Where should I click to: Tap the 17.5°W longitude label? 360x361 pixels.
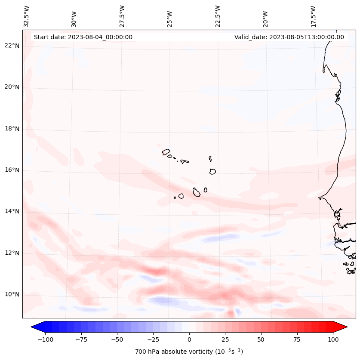(x=314, y=16)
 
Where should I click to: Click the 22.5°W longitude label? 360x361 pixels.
(x=218, y=16)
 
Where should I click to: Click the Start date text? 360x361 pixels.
(x=83, y=37)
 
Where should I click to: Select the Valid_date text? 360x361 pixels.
(x=289, y=37)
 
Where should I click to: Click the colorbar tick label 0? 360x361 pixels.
(x=189, y=339)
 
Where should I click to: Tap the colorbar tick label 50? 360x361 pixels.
(x=261, y=339)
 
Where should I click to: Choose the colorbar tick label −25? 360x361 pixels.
(x=152, y=339)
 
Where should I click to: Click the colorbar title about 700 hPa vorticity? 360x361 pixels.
(x=189, y=352)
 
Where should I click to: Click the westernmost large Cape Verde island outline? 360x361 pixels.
(x=166, y=151)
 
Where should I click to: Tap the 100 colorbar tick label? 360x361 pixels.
(x=333, y=339)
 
